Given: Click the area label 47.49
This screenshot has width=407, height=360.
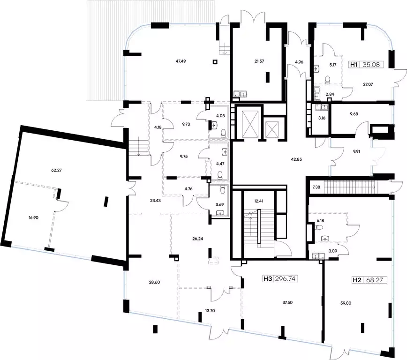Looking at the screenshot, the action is click(x=181, y=61).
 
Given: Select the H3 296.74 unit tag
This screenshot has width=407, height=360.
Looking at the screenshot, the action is click(x=280, y=279).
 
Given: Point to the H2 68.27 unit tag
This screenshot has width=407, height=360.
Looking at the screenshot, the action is click(x=369, y=280).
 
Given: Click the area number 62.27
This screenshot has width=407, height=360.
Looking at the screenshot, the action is click(x=56, y=171).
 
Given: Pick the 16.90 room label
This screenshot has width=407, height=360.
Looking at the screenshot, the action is click(x=33, y=218).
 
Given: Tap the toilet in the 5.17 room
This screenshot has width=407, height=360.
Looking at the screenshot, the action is click(x=328, y=79).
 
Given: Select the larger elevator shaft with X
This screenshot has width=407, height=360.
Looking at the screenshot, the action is click(x=250, y=122).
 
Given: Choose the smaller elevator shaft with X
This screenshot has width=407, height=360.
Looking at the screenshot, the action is click(x=272, y=129).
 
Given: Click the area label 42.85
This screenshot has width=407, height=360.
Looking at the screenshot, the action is click(x=296, y=160).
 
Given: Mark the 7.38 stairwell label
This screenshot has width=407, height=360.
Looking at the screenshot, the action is click(x=316, y=187).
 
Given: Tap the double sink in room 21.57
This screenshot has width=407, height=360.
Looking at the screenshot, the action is click(x=240, y=93).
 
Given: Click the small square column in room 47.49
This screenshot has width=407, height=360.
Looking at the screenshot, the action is click(x=215, y=62).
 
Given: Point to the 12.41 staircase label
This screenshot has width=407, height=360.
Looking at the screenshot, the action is click(x=259, y=201).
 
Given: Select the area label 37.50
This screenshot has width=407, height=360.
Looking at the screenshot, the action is click(x=287, y=302).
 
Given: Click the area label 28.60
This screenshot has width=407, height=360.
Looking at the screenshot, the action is click(x=154, y=282).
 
